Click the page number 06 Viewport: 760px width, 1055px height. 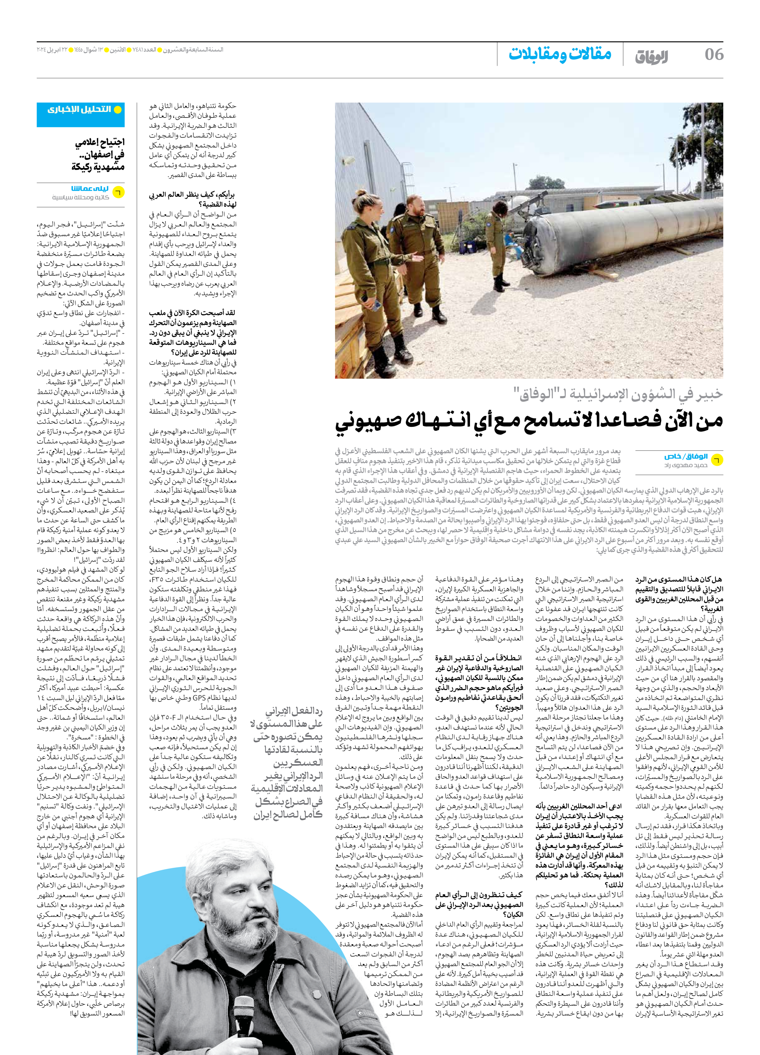[x=713, y=54]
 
